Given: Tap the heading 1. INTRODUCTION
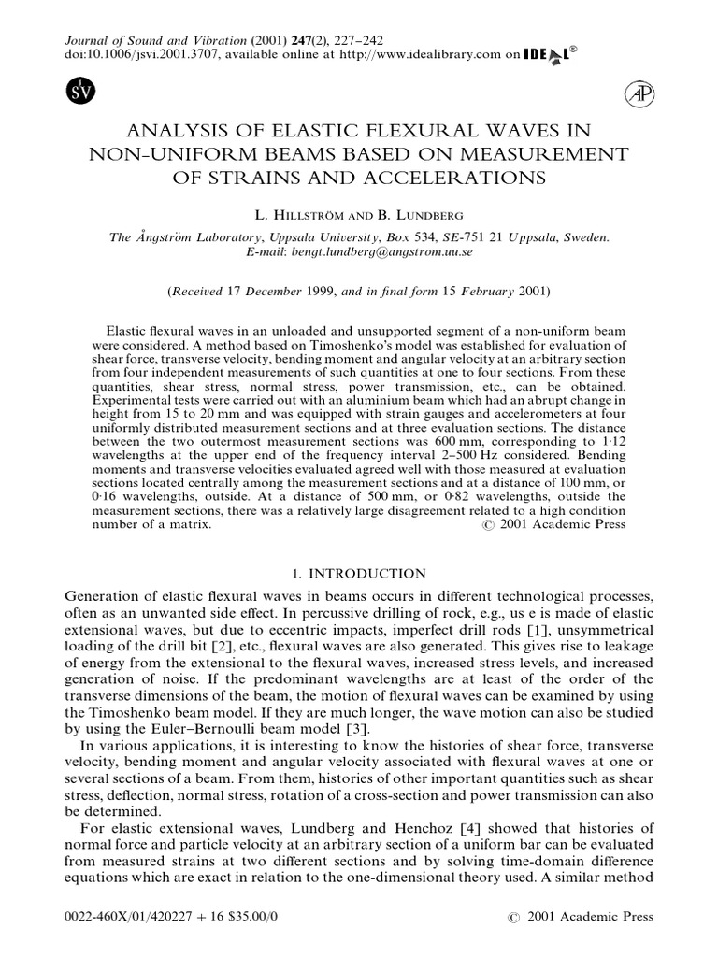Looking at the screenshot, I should click(x=358, y=573).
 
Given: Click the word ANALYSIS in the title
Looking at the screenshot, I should click(x=186, y=131).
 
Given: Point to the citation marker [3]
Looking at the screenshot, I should click(x=331, y=728).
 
